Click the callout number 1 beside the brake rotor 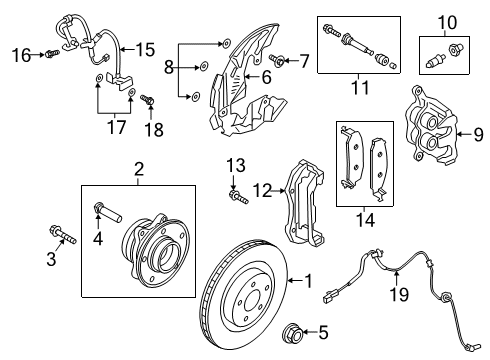click(308, 282)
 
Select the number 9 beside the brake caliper click(476, 134)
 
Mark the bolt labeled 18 click(148, 100)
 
